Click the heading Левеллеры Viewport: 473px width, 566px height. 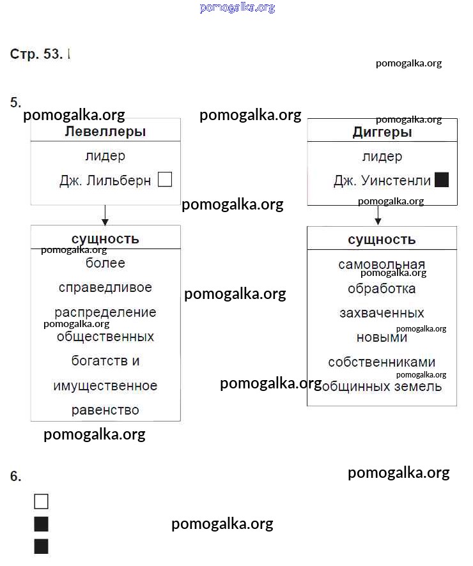coord(105,132)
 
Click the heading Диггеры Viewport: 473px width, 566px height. coord(382,132)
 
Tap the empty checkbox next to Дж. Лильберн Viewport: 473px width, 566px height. coord(165,180)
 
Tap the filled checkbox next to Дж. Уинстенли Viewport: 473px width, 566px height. coord(442,180)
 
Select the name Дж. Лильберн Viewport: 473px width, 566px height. coord(105,181)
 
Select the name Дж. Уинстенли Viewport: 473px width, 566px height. coord(382,181)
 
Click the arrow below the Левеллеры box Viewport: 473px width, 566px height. coord(105,215)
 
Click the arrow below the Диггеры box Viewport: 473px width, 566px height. coord(378,215)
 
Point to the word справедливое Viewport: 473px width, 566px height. coord(105,287)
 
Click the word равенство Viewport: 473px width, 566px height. coord(105,410)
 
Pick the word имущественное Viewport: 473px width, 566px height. coord(105,386)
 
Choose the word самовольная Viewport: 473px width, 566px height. coord(382,264)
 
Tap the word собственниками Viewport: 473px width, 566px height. coord(382,362)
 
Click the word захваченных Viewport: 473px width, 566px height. coord(382,313)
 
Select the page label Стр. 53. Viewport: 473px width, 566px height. coord(36,54)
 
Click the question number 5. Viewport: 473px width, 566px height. coord(16,102)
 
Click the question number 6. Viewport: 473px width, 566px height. coord(16,476)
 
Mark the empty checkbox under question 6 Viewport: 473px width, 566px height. coord(41,501)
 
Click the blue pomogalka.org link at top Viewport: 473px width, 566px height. coord(237,8)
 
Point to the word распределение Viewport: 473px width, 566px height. coord(105,312)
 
